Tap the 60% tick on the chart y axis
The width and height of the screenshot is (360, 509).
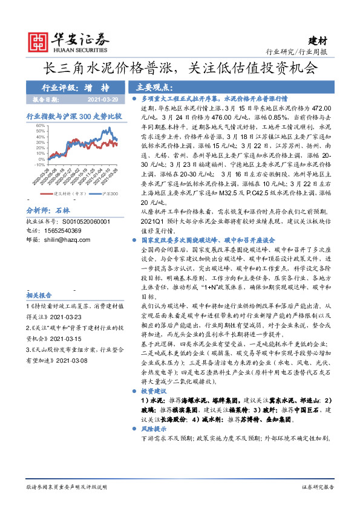tap(40, 125)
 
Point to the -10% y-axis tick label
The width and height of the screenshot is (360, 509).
tap(39, 164)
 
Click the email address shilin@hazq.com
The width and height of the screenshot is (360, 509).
tap(67, 239)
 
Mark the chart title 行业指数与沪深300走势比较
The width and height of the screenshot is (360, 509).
tap(74, 115)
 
